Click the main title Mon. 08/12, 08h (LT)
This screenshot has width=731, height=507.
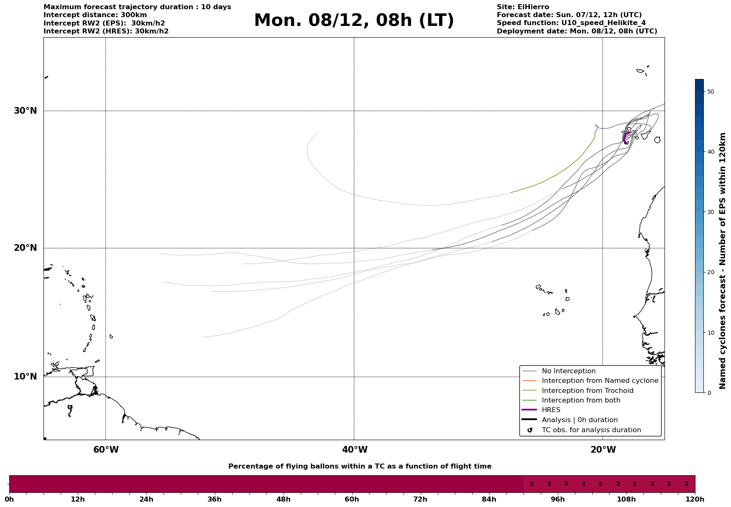[x=354, y=20]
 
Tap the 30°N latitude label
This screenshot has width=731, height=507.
[x=26, y=111]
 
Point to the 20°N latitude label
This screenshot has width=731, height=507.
[x=26, y=248]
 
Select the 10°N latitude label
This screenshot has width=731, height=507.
[x=26, y=377]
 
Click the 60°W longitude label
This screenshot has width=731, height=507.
[x=106, y=450]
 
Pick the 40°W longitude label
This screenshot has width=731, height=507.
[x=355, y=450]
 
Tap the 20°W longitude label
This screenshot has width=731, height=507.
[x=603, y=450]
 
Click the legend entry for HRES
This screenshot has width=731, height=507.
[x=551, y=410]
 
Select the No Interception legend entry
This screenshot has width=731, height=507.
[x=568, y=371]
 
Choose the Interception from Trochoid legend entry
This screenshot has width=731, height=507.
[x=587, y=391]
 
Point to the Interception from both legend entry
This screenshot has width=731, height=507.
[x=581, y=400]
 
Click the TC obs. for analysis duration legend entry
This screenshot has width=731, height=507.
[x=591, y=430]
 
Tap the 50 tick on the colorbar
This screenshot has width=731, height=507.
[x=710, y=92]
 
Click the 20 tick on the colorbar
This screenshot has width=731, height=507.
[x=710, y=273]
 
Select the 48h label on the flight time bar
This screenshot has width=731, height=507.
[x=283, y=499]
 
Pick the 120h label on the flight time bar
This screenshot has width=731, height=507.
[x=695, y=499]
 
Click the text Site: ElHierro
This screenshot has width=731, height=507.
[x=523, y=7]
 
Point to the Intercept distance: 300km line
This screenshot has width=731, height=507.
[x=95, y=15]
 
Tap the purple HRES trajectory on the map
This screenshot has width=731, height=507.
[x=625, y=137]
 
